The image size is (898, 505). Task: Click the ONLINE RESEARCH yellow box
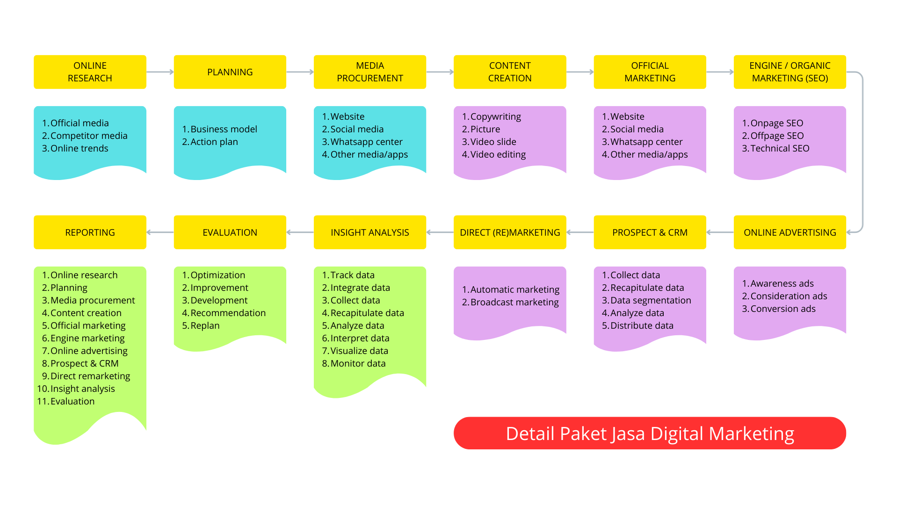tap(90, 72)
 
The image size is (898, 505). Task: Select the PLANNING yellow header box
tap(230, 72)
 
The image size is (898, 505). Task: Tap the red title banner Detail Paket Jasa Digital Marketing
tap(650, 433)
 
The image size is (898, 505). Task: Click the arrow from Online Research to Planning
tap(160, 72)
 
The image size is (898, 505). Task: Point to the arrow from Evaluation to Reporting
tap(160, 232)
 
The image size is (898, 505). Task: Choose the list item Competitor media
tap(88, 136)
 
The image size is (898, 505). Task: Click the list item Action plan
tap(214, 142)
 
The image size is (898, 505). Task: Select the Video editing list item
tap(498, 154)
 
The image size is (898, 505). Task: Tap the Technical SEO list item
tap(779, 148)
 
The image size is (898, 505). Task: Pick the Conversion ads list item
tap(782, 309)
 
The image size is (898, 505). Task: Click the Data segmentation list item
tap(650, 300)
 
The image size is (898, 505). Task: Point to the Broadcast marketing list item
tap(514, 302)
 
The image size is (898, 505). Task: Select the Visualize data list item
tap(359, 351)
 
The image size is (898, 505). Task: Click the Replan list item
tap(204, 325)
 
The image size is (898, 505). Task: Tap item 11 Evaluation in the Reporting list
tap(72, 401)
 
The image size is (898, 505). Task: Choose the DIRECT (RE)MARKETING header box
tap(510, 232)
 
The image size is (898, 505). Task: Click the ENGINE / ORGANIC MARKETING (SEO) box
tap(789, 72)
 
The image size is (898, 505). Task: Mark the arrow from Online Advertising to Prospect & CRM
tap(720, 232)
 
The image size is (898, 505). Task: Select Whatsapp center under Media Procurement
tap(366, 142)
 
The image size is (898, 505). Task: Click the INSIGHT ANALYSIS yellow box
tap(369, 232)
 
